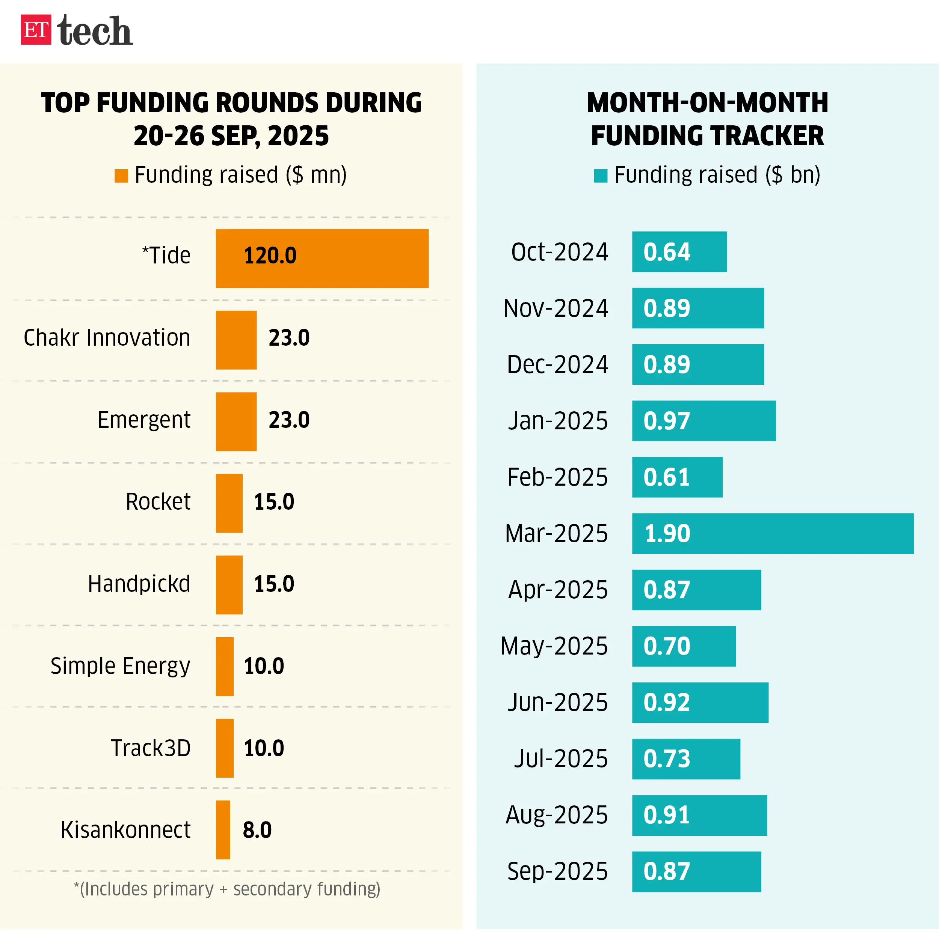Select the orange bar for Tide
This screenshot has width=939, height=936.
(322, 259)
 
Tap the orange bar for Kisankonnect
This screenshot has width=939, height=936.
(223, 830)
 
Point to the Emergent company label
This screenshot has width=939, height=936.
(144, 420)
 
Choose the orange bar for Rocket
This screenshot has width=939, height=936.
(229, 503)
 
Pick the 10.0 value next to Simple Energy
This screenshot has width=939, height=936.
(264, 666)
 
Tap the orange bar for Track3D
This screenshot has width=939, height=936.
(225, 748)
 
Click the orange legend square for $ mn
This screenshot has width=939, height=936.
(121, 176)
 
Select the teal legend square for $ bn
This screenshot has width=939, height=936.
(601, 176)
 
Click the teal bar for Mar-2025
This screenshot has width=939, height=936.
(772, 533)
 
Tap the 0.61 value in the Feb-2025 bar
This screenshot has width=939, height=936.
(666, 477)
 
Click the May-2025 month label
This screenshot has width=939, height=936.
(554, 646)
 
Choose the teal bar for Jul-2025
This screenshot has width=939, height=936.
(686, 759)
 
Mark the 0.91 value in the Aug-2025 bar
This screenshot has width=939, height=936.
(666, 815)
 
